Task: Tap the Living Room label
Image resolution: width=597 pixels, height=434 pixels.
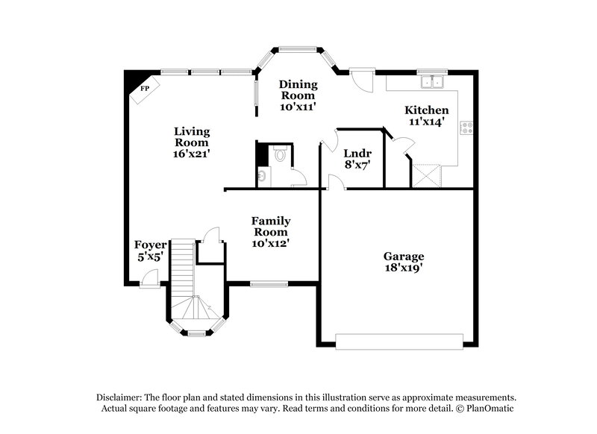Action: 192,137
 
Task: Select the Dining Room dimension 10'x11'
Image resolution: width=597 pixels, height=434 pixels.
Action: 298,107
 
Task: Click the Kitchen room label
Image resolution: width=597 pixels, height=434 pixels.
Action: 427,110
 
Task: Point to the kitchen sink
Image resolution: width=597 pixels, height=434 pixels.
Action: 431,81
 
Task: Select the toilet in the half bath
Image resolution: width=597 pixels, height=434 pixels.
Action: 280,154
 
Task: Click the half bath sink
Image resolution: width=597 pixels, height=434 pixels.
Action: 262,177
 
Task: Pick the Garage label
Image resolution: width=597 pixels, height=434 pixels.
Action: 404,256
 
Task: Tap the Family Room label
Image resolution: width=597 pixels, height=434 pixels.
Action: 270,227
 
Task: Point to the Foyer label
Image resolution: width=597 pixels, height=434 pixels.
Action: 149,245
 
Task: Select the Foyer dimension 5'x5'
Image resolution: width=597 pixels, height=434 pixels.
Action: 149,257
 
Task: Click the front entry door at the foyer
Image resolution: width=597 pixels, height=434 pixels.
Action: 148,280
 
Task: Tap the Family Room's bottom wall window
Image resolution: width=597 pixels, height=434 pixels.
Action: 269,283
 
